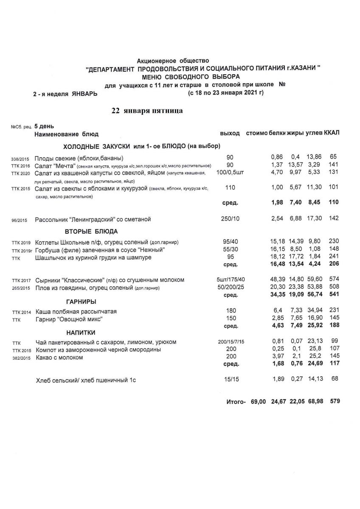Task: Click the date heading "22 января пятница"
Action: [147, 111]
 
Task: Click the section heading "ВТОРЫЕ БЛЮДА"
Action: [91, 231]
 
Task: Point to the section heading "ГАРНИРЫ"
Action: [81, 302]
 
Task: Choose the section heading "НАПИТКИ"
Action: [81, 332]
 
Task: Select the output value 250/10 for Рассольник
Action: [230, 219]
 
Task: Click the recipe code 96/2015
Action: [20, 220]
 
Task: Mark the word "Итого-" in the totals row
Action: [236, 401]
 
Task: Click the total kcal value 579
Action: [334, 401]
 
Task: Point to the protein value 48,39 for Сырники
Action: [278, 280]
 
